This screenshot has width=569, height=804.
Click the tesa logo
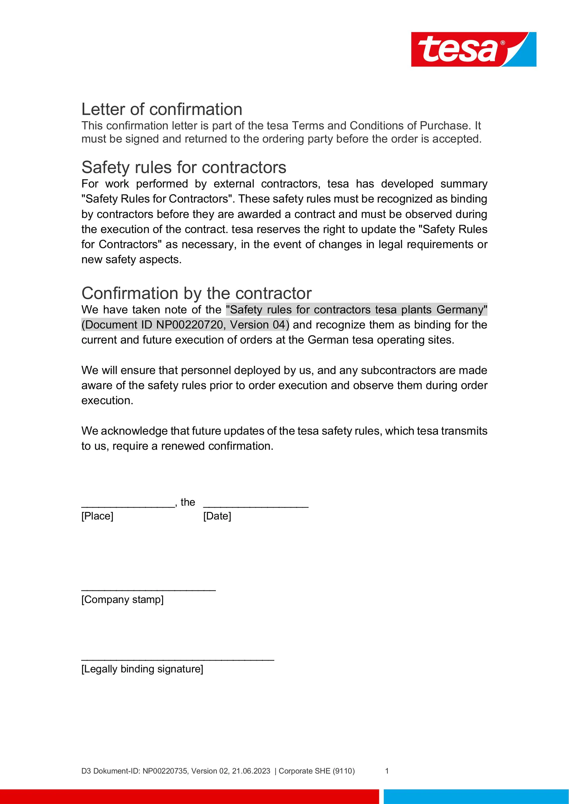(473, 49)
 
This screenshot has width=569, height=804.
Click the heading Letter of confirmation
(162, 109)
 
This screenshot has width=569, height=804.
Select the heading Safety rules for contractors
(184, 168)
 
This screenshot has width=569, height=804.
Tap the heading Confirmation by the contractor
(196, 293)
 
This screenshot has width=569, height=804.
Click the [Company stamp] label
(122, 599)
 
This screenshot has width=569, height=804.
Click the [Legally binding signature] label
(142, 669)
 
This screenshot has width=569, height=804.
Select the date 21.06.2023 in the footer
(251, 771)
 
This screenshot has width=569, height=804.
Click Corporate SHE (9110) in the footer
(316, 771)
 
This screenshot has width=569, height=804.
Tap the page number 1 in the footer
(387, 771)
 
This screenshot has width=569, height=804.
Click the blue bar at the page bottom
(476, 796)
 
